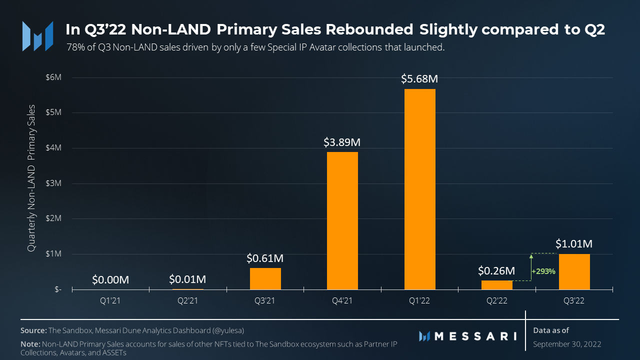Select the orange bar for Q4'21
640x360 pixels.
coord(342,220)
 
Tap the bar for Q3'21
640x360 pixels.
coord(265,278)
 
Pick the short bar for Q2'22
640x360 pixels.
coord(497,285)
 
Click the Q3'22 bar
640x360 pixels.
coord(574,271)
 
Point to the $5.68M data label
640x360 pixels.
coord(420,79)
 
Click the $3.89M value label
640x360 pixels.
coord(342,142)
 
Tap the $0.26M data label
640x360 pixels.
coord(496,271)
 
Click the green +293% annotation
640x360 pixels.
coord(542,270)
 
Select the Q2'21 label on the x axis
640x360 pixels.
coord(188,301)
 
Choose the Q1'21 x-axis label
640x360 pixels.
coord(111,301)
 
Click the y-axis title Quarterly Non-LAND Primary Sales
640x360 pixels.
coord(31,178)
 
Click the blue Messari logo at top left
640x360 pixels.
coord(37,36)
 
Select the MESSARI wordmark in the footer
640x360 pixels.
coord(475,336)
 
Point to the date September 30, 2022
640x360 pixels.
coord(567,344)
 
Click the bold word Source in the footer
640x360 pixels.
coord(33,330)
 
